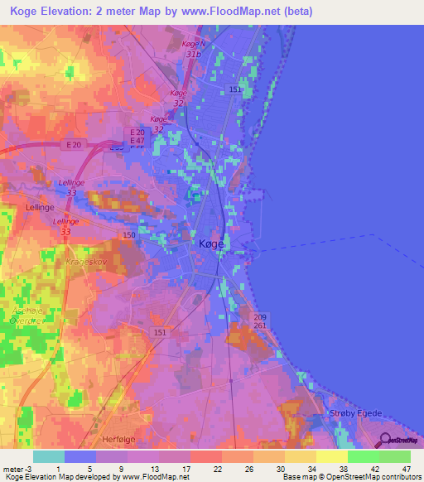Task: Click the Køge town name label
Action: (212, 243)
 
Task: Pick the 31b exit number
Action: (194, 54)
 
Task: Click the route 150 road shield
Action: (129, 236)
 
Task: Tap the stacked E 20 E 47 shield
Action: (137, 137)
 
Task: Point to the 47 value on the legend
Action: (406, 469)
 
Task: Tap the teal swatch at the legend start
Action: (49, 456)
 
